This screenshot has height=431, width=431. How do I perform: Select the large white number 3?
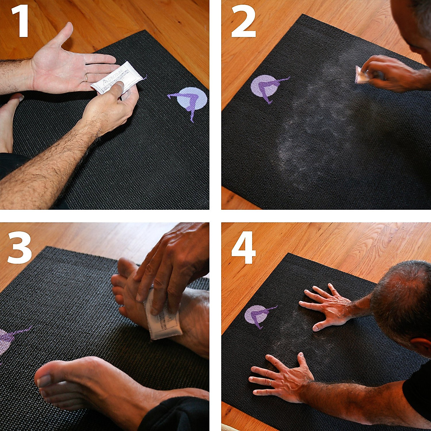point(19,248)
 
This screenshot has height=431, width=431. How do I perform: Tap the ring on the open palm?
point(87,77)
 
